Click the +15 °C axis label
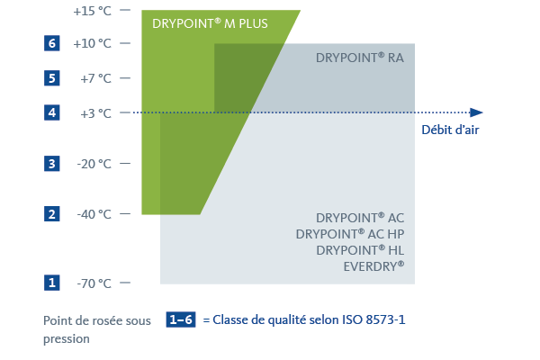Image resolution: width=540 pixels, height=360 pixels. [x=93, y=11]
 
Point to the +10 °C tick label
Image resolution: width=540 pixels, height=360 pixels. [x=93, y=43]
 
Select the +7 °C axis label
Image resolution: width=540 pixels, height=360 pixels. [x=95, y=78]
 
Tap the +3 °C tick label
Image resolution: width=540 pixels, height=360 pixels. [x=95, y=113]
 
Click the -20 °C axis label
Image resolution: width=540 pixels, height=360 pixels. [x=94, y=164]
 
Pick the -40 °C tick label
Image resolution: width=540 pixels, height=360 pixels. [x=94, y=214]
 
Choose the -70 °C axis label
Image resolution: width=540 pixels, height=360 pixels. [x=94, y=283]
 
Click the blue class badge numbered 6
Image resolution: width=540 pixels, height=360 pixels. [x=51, y=43]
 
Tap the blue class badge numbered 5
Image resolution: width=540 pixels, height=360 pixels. [x=51, y=78]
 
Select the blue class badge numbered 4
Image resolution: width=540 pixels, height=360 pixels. [x=51, y=112]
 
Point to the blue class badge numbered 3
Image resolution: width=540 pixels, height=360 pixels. [x=51, y=164]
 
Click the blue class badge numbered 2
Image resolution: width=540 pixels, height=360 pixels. [x=51, y=214]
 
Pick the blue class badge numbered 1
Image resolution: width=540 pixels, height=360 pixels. [x=51, y=283]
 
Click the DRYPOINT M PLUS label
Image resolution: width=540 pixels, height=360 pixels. [x=210, y=23]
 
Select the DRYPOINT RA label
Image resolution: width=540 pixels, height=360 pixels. [x=360, y=58]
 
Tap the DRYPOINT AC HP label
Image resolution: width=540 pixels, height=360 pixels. [x=350, y=234]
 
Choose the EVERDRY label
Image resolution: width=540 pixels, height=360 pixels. [x=374, y=266]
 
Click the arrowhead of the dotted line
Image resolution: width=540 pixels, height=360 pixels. [x=476, y=112]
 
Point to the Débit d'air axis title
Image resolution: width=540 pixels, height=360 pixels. [x=451, y=130]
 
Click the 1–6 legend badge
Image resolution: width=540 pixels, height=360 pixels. [x=181, y=319]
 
